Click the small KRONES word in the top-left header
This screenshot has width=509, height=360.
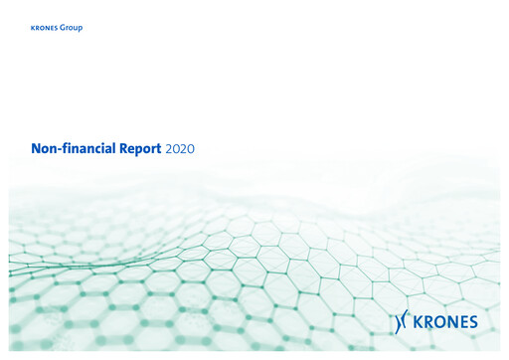coord(45,28)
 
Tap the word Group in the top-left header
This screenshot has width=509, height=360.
coord(72,28)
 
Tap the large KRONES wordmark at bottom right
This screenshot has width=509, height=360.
coord(445,321)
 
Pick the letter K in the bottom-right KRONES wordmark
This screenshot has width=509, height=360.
coord(419,321)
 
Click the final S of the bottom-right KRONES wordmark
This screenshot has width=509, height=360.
coord(472,321)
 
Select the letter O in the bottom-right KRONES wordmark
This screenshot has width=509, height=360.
coord(438,321)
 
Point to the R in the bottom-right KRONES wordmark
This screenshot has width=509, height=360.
coord(427,321)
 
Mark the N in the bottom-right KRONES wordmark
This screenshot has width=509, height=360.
coord(450,321)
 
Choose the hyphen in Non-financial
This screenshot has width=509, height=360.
coord(58,149)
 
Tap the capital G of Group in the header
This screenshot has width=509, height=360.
coord(64,28)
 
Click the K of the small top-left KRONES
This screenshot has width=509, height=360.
coord(33,28)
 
